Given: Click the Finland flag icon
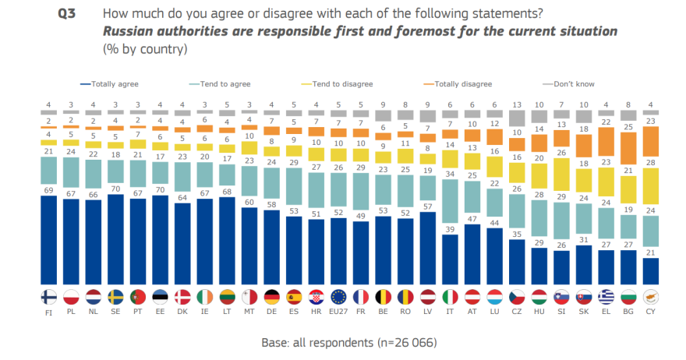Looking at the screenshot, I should pos(48,297).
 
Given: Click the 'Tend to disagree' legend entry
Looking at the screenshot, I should pos(341,83).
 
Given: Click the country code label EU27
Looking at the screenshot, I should pos(339,312).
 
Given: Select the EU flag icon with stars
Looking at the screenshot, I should pos(339,297).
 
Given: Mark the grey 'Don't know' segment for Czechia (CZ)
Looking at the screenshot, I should pos(517,118).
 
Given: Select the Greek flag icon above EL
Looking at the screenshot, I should pos(606,297).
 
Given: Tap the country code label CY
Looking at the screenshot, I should pos(651,312).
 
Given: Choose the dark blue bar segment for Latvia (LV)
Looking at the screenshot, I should pos(428,248).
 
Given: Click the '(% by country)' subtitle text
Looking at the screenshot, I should pos(146,49).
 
